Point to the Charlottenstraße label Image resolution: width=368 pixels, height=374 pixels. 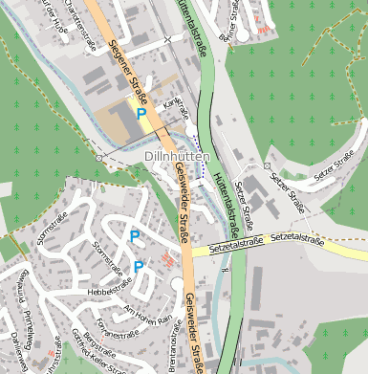(x=78, y=19)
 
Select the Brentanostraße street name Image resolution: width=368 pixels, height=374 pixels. (x=174, y=344)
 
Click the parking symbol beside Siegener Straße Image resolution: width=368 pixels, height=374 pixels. (x=141, y=115)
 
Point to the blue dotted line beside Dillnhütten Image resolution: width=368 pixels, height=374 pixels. (x=202, y=161)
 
